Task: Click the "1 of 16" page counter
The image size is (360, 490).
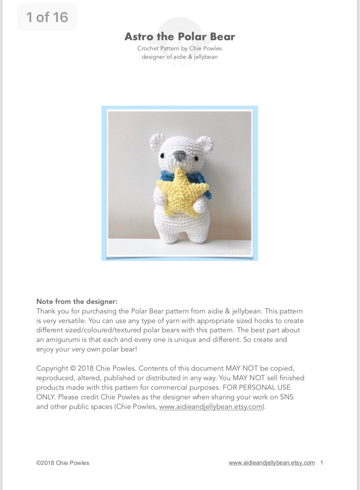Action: coord(47,17)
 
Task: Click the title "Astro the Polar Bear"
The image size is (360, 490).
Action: coord(180,37)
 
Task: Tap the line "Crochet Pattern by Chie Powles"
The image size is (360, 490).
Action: coord(179,48)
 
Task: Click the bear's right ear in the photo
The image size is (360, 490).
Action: coord(206,144)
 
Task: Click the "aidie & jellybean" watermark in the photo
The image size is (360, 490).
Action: coord(231,251)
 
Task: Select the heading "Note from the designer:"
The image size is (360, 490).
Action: coord(77,301)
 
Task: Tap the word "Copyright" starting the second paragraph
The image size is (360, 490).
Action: coord(52,368)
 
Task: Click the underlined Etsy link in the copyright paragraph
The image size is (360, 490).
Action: coord(211,407)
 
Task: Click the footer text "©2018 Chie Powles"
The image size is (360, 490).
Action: coord(63,463)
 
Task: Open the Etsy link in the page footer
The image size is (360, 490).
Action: coord(272,463)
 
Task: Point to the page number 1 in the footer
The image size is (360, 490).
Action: coord(322,463)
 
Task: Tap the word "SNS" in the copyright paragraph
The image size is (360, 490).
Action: coord(287,397)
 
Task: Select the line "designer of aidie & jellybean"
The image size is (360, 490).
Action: coord(179,57)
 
